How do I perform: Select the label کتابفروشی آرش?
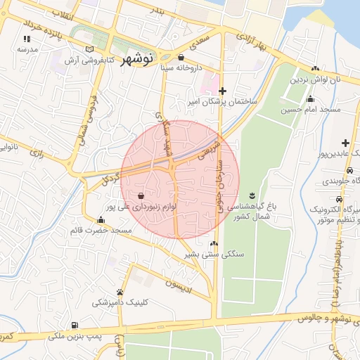click(x=70, y=60)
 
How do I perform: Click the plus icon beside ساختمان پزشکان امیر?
click(x=223, y=91)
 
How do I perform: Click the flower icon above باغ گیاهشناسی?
click(x=252, y=194)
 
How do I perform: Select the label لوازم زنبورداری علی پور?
click(x=141, y=207)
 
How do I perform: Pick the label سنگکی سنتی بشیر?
click(x=212, y=253)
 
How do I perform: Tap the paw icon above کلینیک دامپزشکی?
click(x=120, y=292)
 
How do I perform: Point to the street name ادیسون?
click(x=178, y=283)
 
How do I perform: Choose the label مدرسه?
click(x=27, y=50)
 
